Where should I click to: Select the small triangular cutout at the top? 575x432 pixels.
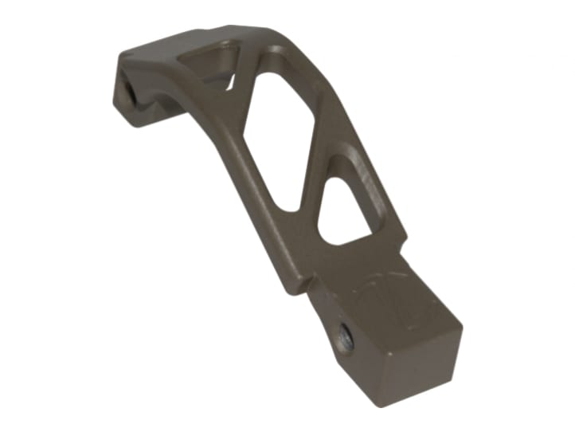(x=209, y=66)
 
